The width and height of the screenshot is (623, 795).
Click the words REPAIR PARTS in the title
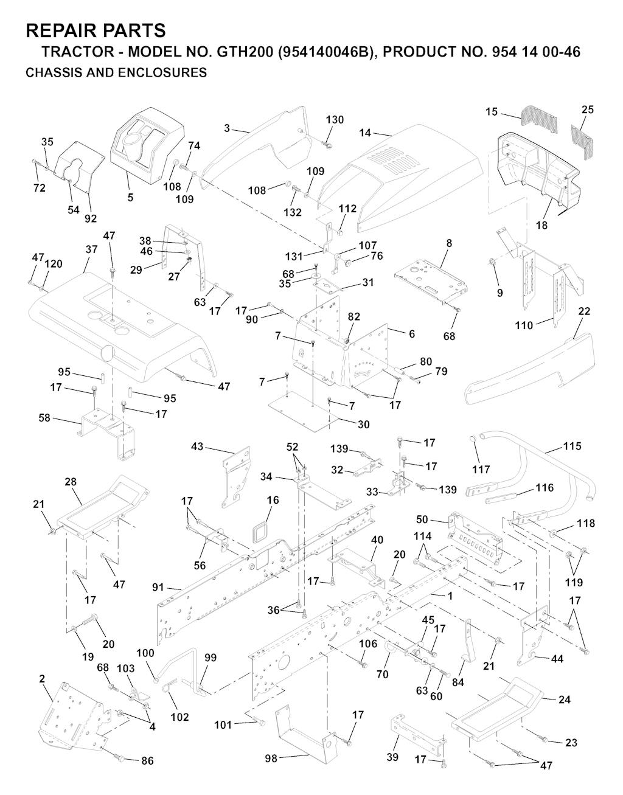point(96,30)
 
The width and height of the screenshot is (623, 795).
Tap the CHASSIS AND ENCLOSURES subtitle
point(116,73)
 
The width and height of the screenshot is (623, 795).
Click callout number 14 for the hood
point(365,132)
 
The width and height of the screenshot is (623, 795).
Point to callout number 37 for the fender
point(91,249)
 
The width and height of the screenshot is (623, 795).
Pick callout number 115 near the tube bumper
point(572,446)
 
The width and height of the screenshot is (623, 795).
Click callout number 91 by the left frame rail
point(158,588)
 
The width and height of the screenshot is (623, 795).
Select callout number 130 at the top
point(335,120)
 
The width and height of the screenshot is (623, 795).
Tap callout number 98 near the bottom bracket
point(271,758)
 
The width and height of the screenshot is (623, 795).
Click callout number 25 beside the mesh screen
point(588,109)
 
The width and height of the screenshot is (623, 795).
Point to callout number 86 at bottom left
point(147,761)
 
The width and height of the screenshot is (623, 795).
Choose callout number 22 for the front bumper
point(584,311)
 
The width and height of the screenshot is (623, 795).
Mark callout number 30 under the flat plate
point(363,425)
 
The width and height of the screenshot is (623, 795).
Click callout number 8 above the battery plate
point(449,243)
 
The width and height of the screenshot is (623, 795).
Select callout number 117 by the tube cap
point(481,470)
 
